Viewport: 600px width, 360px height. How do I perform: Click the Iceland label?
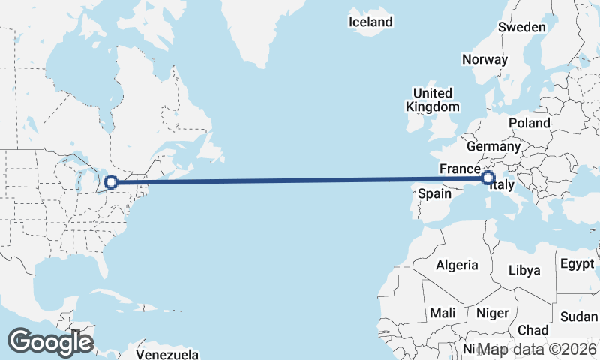[x=370, y=22]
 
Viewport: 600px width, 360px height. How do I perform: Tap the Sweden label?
[x=522, y=27]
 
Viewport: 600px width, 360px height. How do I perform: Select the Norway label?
[x=485, y=59]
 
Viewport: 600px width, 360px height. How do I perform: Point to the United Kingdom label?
[x=433, y=100]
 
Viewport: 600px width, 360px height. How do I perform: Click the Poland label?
[x=529, y=123]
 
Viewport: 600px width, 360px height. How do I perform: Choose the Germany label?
[x=493, y=146]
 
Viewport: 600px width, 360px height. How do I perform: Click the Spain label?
[x=434, y=193]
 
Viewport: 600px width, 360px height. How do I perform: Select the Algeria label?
[x=457, y=265]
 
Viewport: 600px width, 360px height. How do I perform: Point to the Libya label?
[x=523, y=270]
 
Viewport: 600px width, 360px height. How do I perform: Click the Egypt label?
[x=576, y=263]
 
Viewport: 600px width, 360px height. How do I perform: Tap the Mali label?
[x=443, y=312]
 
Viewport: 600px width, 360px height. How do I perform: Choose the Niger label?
[x=493, y=312]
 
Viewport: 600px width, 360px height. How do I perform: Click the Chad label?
[x=532, y=329]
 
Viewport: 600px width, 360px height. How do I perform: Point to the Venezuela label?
[x=167, y=353]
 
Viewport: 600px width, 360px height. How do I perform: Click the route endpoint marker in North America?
[x=111, y=182]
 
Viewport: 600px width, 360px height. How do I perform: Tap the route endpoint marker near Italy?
[x=488, y=178]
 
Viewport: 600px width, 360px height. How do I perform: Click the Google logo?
[x=50, y=342]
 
